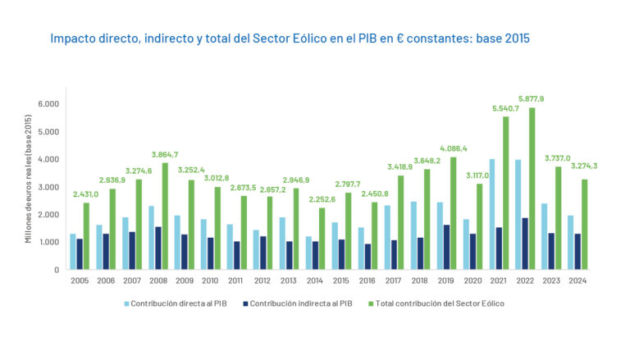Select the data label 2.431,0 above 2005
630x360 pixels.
(x=85, y=194)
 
